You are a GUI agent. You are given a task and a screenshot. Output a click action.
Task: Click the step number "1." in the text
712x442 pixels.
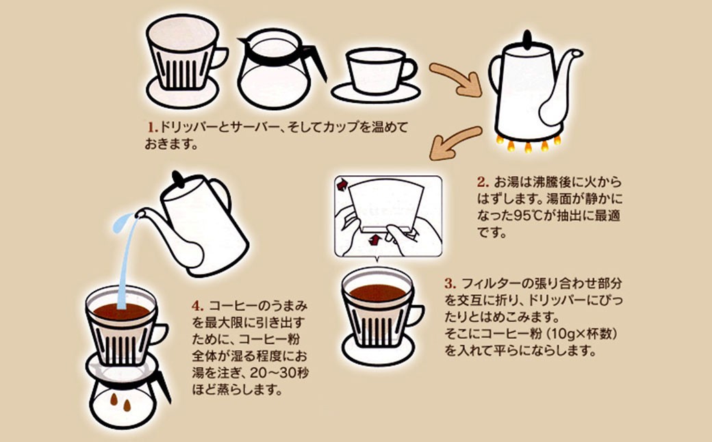coord(152,127)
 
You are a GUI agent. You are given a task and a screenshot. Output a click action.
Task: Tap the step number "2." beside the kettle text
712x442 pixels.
coord(482,183)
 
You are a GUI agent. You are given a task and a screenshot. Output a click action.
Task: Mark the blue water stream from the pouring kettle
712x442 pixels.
coord(125,260)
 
